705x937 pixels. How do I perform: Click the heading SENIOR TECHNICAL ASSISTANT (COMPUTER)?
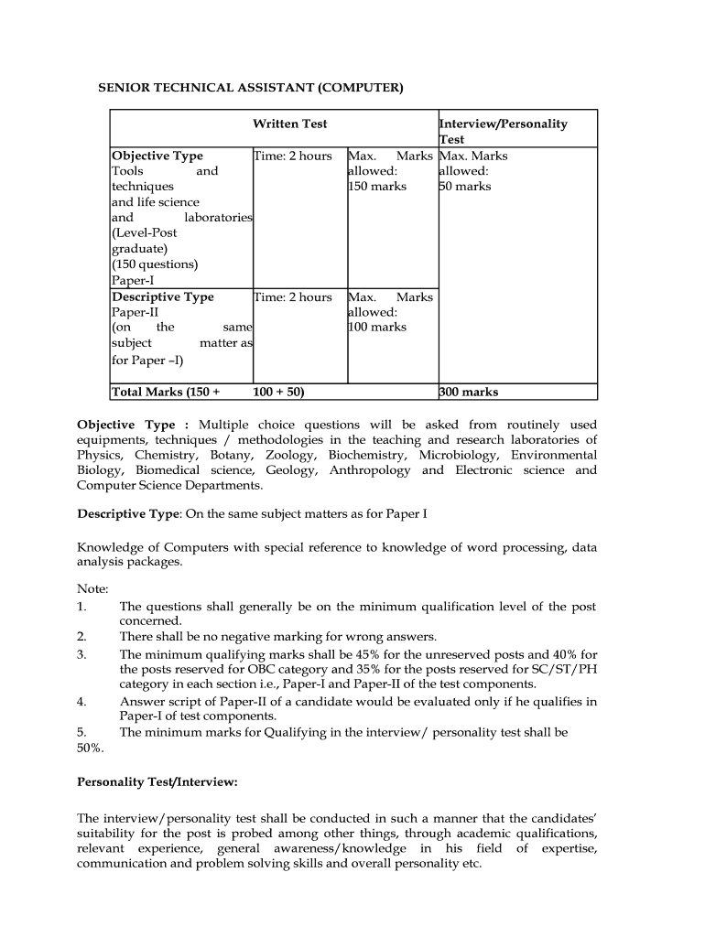click(250, 88)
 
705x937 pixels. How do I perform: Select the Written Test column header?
click(289, 124)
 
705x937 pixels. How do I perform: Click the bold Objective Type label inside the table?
click(157, 156)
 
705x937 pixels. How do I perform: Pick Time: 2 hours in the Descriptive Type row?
click(293, 296)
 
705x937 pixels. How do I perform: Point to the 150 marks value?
click(377, 187)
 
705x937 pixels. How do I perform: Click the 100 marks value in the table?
click(377, 327)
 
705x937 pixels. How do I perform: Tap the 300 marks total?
click(469, 392)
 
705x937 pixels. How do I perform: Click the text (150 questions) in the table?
click(155, 264)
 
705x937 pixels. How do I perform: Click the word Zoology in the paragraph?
click(291, 455)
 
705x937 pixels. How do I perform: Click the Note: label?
click(92, 588)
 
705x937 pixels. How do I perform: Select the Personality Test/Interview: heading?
click(157, 782)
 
